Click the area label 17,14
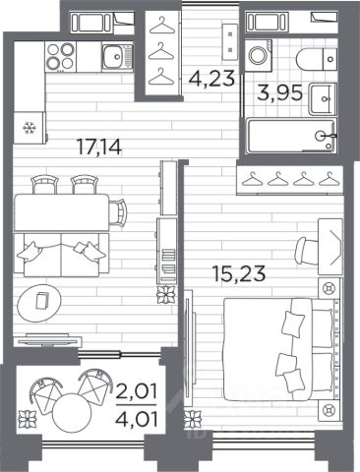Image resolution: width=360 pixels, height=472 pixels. point(98,147)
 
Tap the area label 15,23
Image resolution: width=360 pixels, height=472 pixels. point(238,273)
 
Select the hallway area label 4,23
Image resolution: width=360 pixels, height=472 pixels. point(211,79)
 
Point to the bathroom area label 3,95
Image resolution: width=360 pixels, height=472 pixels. point(279,92)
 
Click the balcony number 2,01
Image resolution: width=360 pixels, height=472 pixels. point(137,392)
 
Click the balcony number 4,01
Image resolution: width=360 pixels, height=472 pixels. point(137,419)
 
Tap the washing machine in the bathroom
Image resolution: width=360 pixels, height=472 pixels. point(259,55)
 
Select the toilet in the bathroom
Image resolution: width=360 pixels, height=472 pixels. point(317,59)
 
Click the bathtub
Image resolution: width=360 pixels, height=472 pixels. point(291,136)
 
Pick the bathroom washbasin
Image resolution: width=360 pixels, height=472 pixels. point(323,98)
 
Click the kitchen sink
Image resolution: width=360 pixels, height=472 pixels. point(117,57)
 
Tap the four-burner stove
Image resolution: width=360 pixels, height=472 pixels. point(60,56)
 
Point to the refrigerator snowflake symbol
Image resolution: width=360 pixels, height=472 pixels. point(29,128)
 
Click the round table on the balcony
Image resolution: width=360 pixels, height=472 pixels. point(72,412)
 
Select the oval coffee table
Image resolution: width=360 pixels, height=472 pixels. point(39,302)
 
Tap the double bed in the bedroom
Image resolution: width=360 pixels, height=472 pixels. point(282,349)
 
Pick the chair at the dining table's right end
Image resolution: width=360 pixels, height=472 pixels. point(118,212)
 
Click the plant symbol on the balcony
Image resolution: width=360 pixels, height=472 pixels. point(27,420)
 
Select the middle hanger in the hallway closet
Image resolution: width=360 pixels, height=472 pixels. point(160,51)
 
